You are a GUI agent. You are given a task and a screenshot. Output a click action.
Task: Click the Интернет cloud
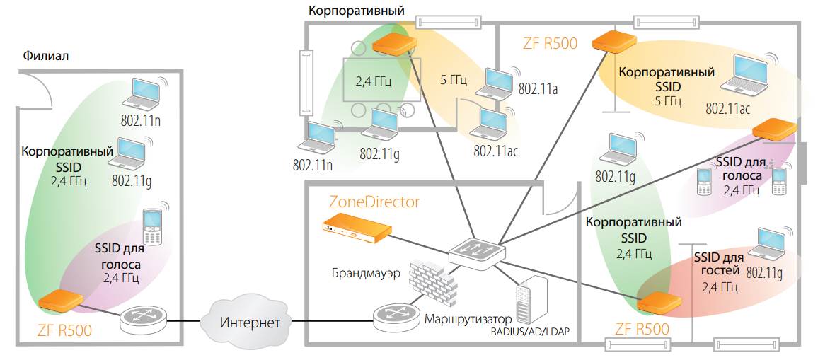click(x=241, y=323)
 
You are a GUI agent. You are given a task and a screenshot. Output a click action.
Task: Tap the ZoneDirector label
click(x=374, y=202)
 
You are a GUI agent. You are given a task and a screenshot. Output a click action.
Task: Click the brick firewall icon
click(x=433, y=278)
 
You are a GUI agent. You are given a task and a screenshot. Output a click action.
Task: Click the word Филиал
click(x=46, y=56)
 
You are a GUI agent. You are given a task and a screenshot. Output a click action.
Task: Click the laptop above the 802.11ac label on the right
click(x=745, y=74)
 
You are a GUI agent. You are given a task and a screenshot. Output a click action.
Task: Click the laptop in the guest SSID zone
click(x=776, y=244)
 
